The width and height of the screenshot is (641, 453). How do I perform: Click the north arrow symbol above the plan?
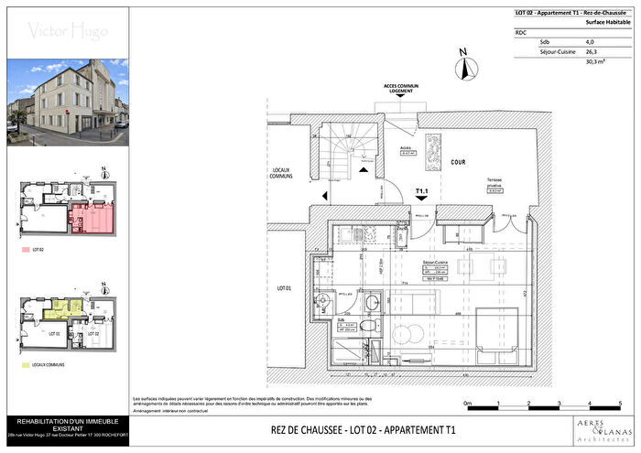point(465,66)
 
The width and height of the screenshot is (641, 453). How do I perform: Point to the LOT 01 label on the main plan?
point(285,289)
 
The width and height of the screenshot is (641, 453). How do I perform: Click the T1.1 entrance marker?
point(423,192)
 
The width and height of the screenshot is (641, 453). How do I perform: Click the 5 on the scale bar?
point(621,403)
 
